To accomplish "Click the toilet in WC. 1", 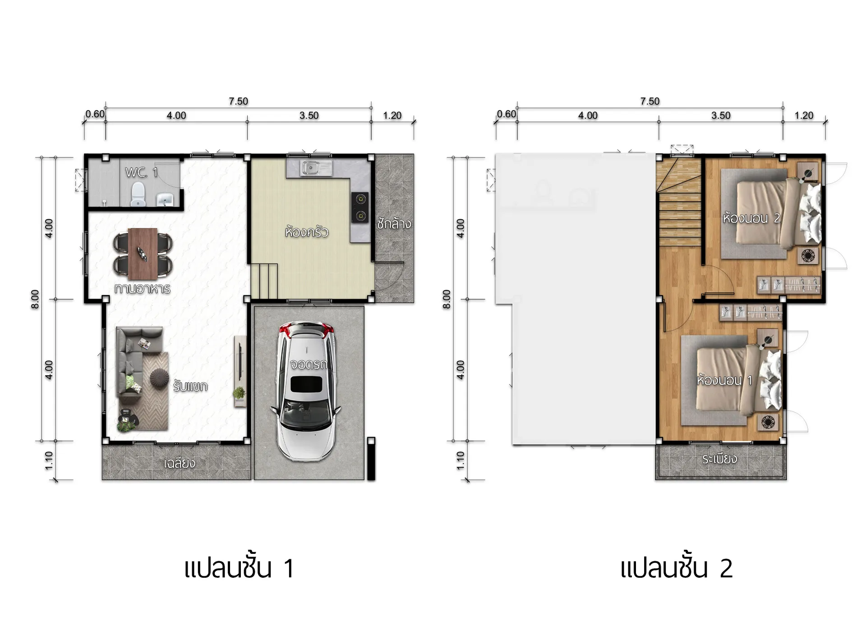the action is click(138, 196).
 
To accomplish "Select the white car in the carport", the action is click(306, 391).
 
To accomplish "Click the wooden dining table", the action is click(143, 254).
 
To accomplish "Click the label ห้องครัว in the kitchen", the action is click(307, 232).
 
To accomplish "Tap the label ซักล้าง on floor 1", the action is click(394, 223).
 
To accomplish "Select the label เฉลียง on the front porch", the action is click(180, 463).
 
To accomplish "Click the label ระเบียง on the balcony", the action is click(720, 459).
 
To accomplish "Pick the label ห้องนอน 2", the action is click(751, 218).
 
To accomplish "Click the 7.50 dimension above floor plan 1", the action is click(238, 101).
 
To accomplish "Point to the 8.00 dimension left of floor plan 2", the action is click(447, 299).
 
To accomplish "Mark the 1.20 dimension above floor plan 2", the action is click(804, 115).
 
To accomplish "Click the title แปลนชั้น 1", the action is click(240, 568).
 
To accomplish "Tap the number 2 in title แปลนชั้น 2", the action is click(726, 568).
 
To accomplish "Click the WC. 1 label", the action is click(142, 172).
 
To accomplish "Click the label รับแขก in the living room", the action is click(190, 386).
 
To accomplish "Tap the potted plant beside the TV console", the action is click(240, 393).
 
